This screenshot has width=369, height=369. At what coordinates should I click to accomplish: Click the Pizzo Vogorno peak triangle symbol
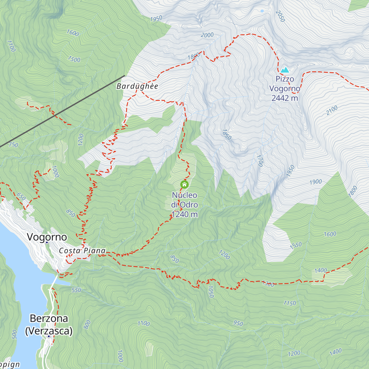click(x=285, y=70)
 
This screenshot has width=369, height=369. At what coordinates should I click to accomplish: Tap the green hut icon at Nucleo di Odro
click(x=184, y=184)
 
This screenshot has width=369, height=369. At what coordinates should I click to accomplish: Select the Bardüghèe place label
click(x=137, y=86)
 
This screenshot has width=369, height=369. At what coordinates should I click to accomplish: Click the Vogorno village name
click(x=47, y=237)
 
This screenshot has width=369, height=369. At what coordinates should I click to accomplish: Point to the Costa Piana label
click(x=82, y=251)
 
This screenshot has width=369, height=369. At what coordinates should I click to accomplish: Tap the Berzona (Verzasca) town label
click(x=49, y=324)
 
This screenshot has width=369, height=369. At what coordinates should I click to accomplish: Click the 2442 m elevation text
click(x=285, y=98)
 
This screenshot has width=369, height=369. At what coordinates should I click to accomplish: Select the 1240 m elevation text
click(x=184, y=214)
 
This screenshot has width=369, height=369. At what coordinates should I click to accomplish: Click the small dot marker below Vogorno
click(x=47, y=243)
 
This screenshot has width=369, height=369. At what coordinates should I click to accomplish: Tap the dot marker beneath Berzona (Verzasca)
click(x=49, y=336)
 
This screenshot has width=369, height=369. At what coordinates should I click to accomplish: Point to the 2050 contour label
click(x=280, y=16)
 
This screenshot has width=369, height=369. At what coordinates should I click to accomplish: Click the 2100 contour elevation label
click(x=332, y=110)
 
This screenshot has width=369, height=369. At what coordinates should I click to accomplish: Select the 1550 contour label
click(x=296, y=246)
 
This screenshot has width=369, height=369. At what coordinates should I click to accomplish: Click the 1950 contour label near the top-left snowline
click(x=156, y=19)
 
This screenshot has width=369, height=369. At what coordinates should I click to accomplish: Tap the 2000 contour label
click(x=207, y=35)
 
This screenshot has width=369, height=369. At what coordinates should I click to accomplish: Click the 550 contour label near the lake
click(x=76, y=290)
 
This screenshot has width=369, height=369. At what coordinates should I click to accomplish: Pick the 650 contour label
click(x=21, y=197)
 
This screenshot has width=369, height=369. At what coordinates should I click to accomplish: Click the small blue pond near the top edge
click(x=262, y=11)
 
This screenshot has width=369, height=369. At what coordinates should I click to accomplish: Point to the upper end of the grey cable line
click(x=125, y=76)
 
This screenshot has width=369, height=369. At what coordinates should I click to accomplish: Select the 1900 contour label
click(x=315, y=182)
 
